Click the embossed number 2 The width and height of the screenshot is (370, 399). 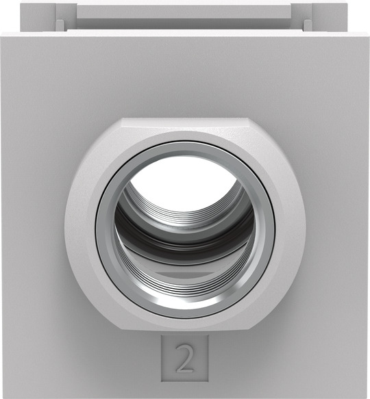pyautogui.click(x=184, y=358)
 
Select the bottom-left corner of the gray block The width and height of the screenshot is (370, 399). pyautogui.click(x=3, y=396)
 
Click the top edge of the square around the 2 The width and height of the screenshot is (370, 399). pyautogui.click(x=184, y=335)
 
